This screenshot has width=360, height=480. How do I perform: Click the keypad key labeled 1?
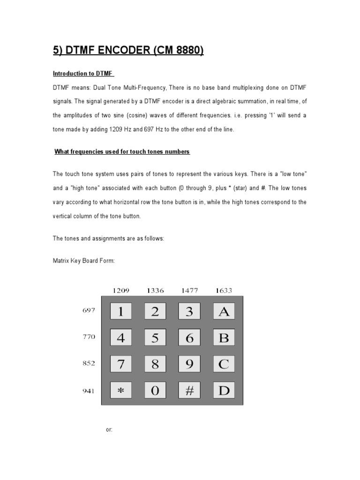pos(121,312)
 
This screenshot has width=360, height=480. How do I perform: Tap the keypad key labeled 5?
pos(155,338)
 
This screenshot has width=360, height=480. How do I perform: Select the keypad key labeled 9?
pos(189,364)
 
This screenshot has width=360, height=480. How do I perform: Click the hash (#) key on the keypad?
pos(189,390)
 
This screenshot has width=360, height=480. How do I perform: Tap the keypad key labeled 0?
pos(155,390)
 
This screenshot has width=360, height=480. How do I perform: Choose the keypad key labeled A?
pos(224,312)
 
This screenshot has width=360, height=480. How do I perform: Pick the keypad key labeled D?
pos(224,390)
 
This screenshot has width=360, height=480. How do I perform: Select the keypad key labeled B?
pos(224,338)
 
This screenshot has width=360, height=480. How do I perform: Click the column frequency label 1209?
pos(120,291)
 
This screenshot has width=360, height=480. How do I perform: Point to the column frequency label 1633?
pos(224,291)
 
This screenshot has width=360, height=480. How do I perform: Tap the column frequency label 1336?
pos(155,291)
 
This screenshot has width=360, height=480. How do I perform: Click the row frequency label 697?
pos(89,310)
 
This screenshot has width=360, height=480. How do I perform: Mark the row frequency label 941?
pos(89,389)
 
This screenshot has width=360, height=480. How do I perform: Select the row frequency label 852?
pos(89,363)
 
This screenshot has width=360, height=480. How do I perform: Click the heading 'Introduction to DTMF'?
pos(84,74)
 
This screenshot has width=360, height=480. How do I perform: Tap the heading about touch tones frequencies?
pos(122,151)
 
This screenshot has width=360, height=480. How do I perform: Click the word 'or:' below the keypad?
pos(109,430)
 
